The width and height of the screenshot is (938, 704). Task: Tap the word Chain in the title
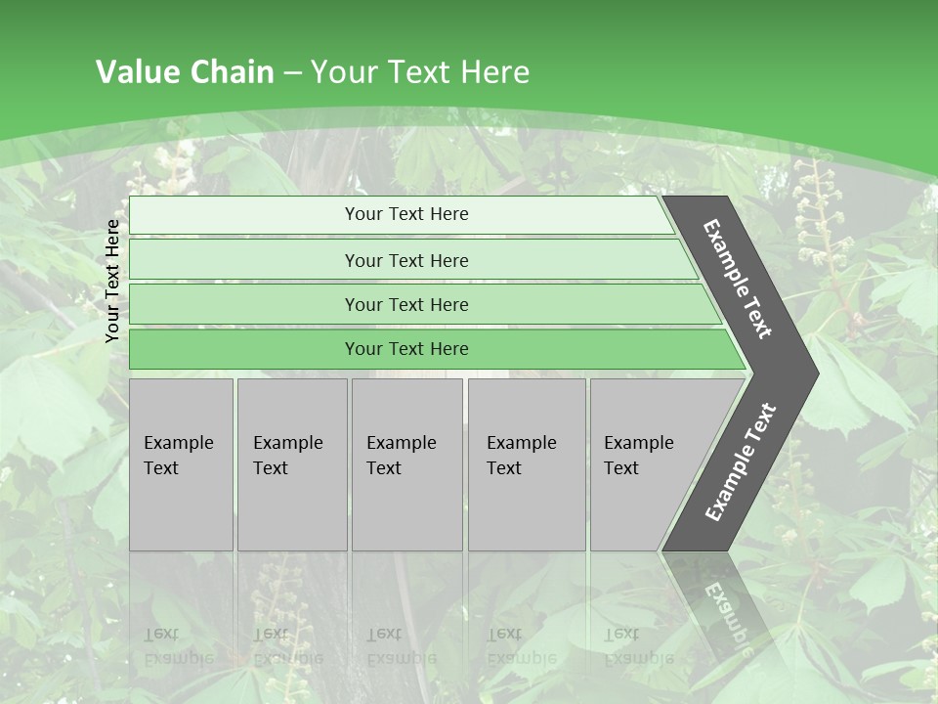pos(233,71)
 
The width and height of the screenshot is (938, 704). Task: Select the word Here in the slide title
pos(494,71)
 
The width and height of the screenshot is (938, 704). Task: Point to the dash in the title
pos(292,72)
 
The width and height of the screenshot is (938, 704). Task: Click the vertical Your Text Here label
pos(112,281)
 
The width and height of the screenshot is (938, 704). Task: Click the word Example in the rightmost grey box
pos(638,443)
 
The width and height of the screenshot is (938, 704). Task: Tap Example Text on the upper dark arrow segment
pos(738,279)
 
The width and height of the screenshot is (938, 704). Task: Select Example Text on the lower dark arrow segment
pos(741,462)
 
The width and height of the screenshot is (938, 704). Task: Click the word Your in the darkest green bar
pos(362,349)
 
